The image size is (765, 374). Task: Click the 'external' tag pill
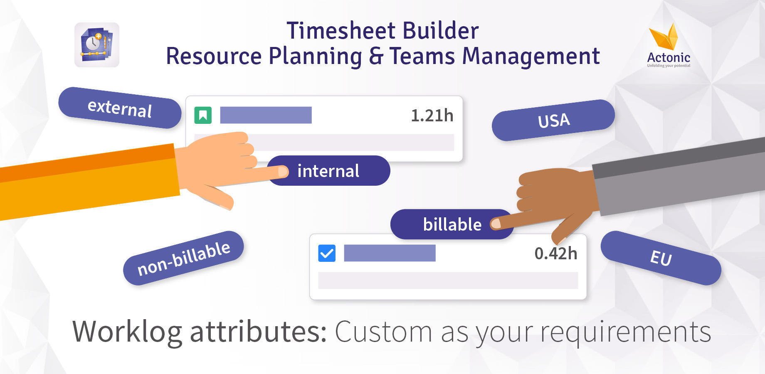pyautogui.click(x=120, y=108)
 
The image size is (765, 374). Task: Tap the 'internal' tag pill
pyautogui.click(x=328, y=171)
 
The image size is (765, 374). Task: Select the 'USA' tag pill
pyautogui.click(x=553, y=121)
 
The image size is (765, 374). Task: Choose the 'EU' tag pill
pyautogui.click(x=661, y=258)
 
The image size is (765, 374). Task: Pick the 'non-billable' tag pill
pyautogui.click(x=183, y=258)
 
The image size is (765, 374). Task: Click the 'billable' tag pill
pyautogui.click(x=452, y=224)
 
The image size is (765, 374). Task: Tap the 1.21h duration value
pyautogui.click(x=432, y=116)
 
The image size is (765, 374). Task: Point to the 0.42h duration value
pyautogui.click(x=556, y=253)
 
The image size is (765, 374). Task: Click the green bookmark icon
pyautogui.click(x=203, y=115)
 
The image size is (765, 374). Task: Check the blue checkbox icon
pyautogui.click(x=327, y=253)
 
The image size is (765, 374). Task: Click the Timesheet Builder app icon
pyautogui.click(x=97, y=45)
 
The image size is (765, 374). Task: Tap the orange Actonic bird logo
pyautogui.click(x=664, y=37)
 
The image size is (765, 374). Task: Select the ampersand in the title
pyautogui.click(x=376, y=57)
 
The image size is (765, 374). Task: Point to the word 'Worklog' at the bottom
pyautogui.click(x=127, y=332)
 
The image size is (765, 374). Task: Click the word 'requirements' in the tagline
pyautogui.click(x=626, y=332)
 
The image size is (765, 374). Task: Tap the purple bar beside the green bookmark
pyautogui.click(x=266, y=115)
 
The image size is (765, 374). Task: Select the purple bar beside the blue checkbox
pyautogui.click(x=390, y=253)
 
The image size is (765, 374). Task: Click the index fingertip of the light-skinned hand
pyautogui.click(x=284, y=171)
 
